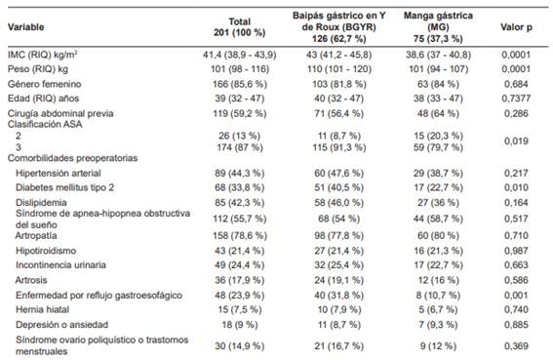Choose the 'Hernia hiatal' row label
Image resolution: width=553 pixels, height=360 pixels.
[x=45, y=307]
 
